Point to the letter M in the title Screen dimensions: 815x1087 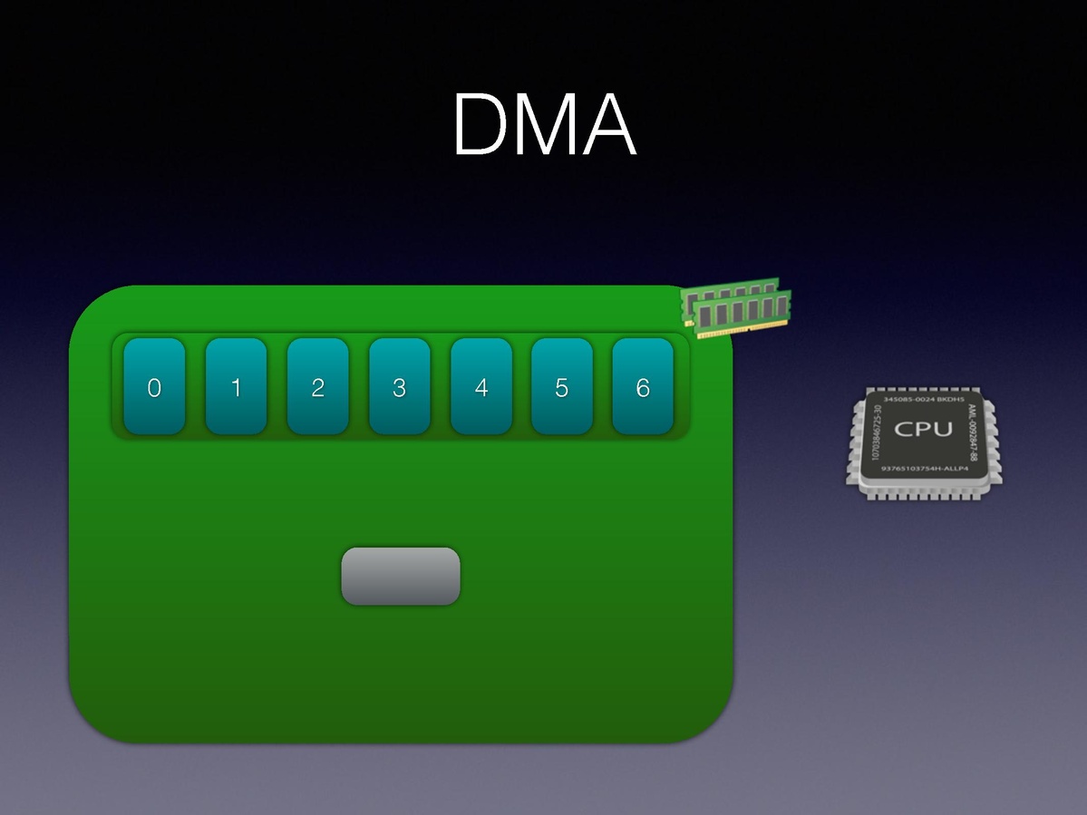547,125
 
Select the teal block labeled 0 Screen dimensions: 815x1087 154,386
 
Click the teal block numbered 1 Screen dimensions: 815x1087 236,386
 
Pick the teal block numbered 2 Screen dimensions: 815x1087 317,386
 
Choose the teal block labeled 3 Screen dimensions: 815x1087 399,386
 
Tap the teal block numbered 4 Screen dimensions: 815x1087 480,386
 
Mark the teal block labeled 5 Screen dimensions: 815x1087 562,386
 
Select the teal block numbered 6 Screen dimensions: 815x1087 643,386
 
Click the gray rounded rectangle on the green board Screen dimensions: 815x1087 400,576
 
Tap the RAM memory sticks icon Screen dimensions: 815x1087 736,307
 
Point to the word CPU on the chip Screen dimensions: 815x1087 923,429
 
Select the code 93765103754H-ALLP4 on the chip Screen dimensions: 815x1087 925,468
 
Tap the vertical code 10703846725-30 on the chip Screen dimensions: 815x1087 874,433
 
